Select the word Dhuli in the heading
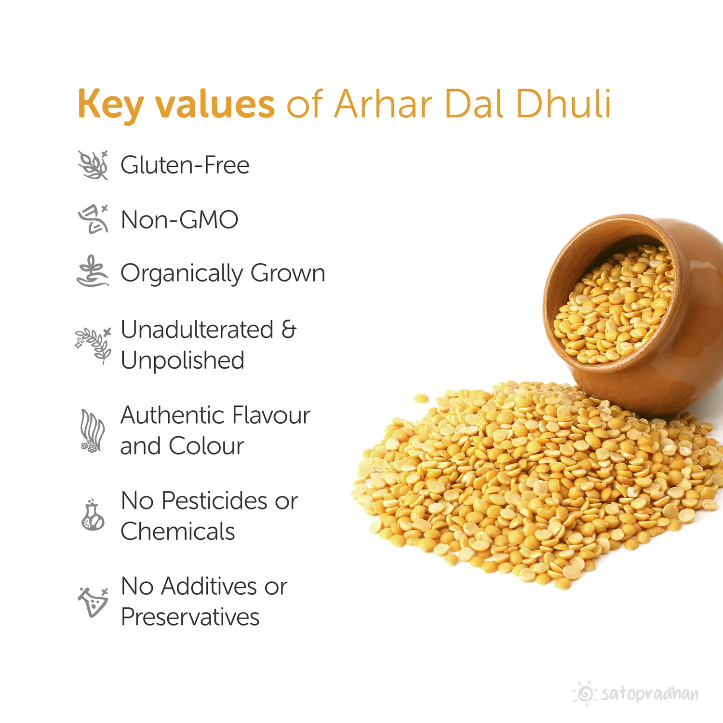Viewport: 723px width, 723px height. click(563, 103)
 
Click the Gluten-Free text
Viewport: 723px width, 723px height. click(185, 165)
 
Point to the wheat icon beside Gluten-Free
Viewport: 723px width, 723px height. click(94, 165)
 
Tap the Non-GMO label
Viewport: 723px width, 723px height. click(179, 220)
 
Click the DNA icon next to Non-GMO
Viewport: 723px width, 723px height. click(94, 219)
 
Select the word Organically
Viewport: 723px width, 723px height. click(182, 274)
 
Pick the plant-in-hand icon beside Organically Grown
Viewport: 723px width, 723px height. click(93, 271)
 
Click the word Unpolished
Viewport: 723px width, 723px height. click(183, 361)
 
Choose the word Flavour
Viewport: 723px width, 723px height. click(271, 415)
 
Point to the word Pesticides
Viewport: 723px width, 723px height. click(214, 501)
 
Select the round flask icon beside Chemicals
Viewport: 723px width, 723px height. click(93, 515)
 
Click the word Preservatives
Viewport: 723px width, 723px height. click(190, 617)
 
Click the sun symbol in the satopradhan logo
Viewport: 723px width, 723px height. click(585, 694)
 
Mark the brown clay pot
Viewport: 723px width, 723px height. click(636, 313)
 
